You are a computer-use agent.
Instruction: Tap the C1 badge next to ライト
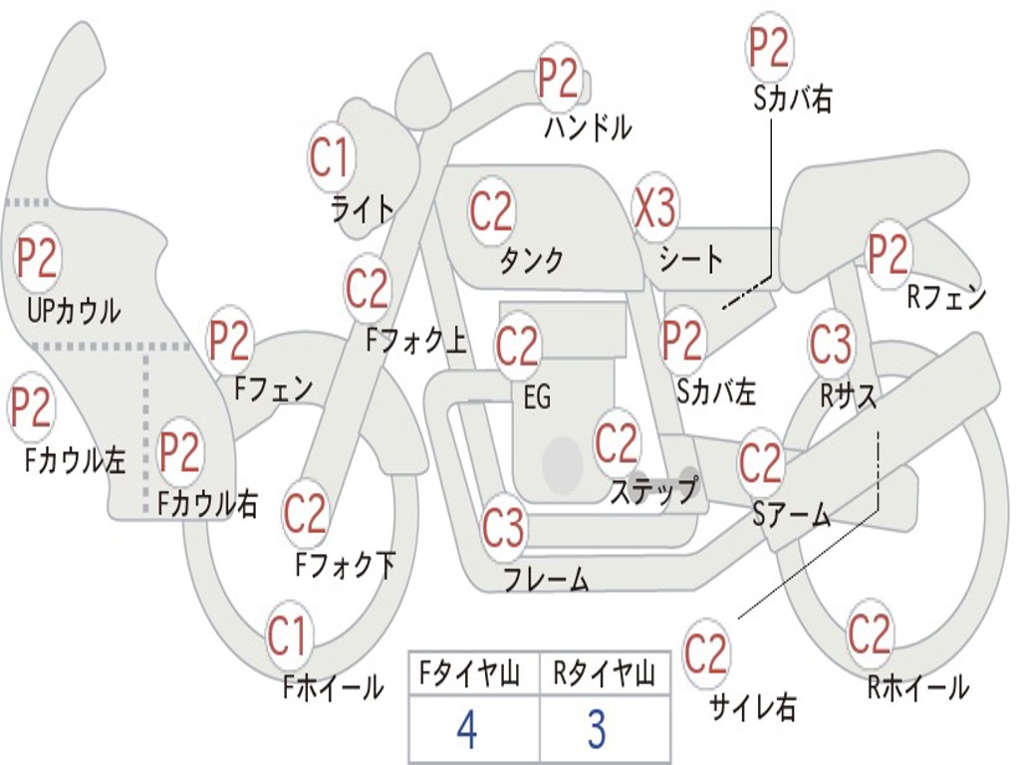(331, 156)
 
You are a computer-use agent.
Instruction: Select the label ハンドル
(588, 127)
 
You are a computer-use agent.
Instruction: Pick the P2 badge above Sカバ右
(769, 47)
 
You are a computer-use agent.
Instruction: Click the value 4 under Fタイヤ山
(466, 729)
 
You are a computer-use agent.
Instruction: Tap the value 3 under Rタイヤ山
(596, 729)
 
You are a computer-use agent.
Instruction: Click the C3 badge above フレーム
(504, 527)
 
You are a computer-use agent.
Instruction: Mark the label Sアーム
(791, 515)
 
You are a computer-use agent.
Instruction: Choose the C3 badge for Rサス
(831, 346)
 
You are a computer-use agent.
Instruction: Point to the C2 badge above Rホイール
(870, 633)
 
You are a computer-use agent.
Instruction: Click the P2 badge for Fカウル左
(31, 407)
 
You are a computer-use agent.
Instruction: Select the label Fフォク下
(346, 565)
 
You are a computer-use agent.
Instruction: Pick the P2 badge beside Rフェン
(889, 255)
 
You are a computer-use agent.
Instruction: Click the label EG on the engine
(537, 397)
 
